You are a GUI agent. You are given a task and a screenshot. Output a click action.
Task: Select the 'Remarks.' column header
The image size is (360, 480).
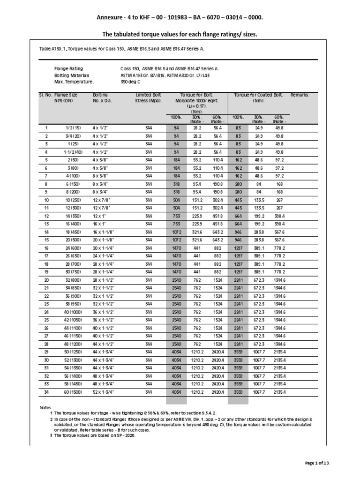(x=300, y=95)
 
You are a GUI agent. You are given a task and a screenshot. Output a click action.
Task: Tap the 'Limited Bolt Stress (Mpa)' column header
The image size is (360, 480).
(x=148, y=97)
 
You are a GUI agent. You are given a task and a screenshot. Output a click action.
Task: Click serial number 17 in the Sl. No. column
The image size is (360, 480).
(x=46, y=256)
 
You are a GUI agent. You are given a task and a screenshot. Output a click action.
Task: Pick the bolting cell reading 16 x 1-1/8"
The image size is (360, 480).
(x=104, y=232)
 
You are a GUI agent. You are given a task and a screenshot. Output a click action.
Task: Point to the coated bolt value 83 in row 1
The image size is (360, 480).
(x=238, y=127)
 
